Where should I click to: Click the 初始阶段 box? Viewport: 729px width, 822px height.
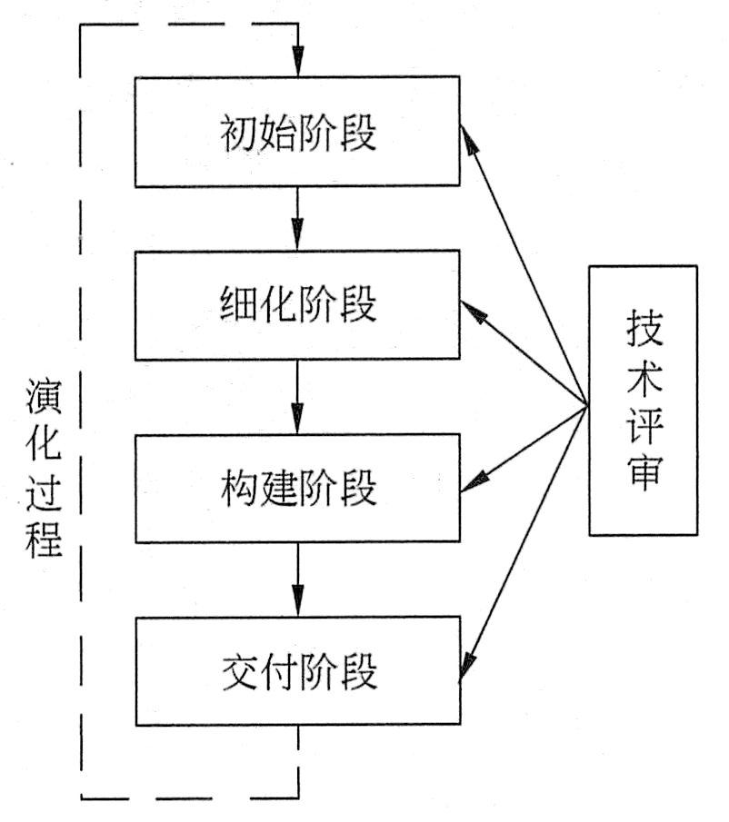297,133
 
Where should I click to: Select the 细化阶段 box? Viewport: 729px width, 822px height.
297,306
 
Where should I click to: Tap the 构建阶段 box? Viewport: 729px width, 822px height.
297,490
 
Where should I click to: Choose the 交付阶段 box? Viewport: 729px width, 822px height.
297,671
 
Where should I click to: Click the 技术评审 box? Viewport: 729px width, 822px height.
643,400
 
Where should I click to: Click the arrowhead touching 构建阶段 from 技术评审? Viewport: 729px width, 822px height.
474,484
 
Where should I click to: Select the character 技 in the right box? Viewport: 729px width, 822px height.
644,328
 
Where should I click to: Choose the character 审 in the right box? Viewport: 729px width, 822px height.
644,473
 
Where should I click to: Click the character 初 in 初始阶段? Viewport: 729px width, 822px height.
238,134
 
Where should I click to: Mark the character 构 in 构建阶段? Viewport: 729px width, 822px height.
238,490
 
